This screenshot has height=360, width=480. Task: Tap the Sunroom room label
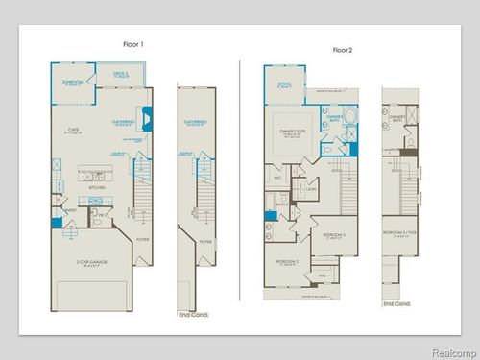[74, 83]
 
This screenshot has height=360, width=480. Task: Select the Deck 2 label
[121, 74]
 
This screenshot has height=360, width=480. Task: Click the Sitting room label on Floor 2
[285, 84]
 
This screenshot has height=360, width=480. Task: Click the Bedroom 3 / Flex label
[396, 233]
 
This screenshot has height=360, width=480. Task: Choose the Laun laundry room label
[312, 189]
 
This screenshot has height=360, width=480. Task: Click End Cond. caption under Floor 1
[192, 314]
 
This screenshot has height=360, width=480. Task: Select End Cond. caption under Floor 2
[396, 304]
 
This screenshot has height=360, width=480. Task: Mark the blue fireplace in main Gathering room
[144, 119]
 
